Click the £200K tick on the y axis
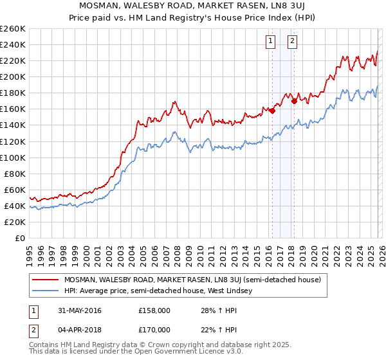point(13,76)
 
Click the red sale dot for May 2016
point(272,111)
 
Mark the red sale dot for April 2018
point(294,101)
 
